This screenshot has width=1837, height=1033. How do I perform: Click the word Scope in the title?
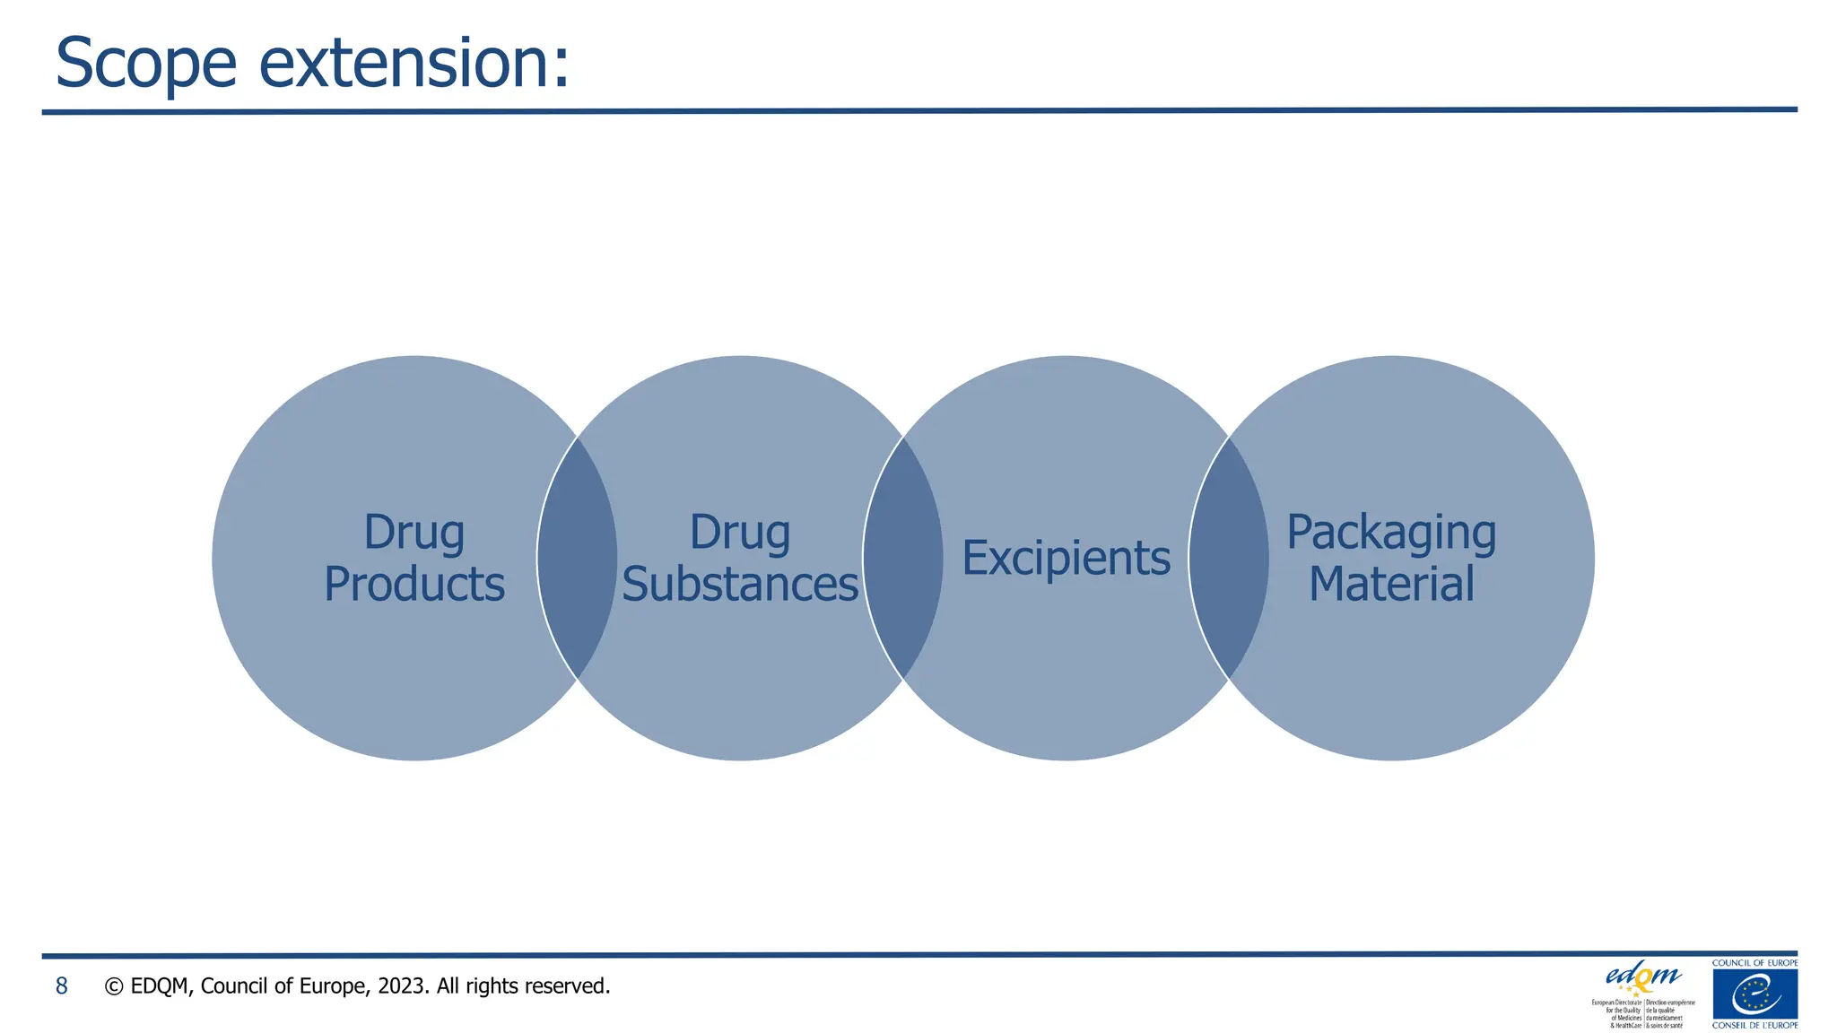[145, 65]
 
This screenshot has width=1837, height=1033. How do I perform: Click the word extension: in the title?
[414, 65]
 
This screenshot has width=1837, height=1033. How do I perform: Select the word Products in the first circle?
[414, 585]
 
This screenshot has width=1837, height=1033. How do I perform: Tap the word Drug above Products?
[414, 533]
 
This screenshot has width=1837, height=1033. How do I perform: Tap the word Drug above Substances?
[740, 533]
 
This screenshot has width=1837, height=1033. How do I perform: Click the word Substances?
[740, 585]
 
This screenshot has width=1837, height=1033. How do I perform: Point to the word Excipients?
[1066, 559]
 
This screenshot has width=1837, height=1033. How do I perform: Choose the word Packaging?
[1391, 533]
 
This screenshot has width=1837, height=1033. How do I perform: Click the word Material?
[1391, 585]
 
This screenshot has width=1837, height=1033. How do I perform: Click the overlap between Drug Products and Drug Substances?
[577, 558]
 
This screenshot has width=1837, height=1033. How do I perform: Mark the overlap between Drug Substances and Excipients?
[902, 558]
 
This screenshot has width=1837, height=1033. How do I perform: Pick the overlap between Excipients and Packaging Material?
[1228, 558]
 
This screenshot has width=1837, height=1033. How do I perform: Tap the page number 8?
[61, 986]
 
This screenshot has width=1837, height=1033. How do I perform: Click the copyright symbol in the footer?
[114, 986]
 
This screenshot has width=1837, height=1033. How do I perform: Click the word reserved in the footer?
[566, 986]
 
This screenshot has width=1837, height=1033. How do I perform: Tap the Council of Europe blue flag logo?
[1754, 994]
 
